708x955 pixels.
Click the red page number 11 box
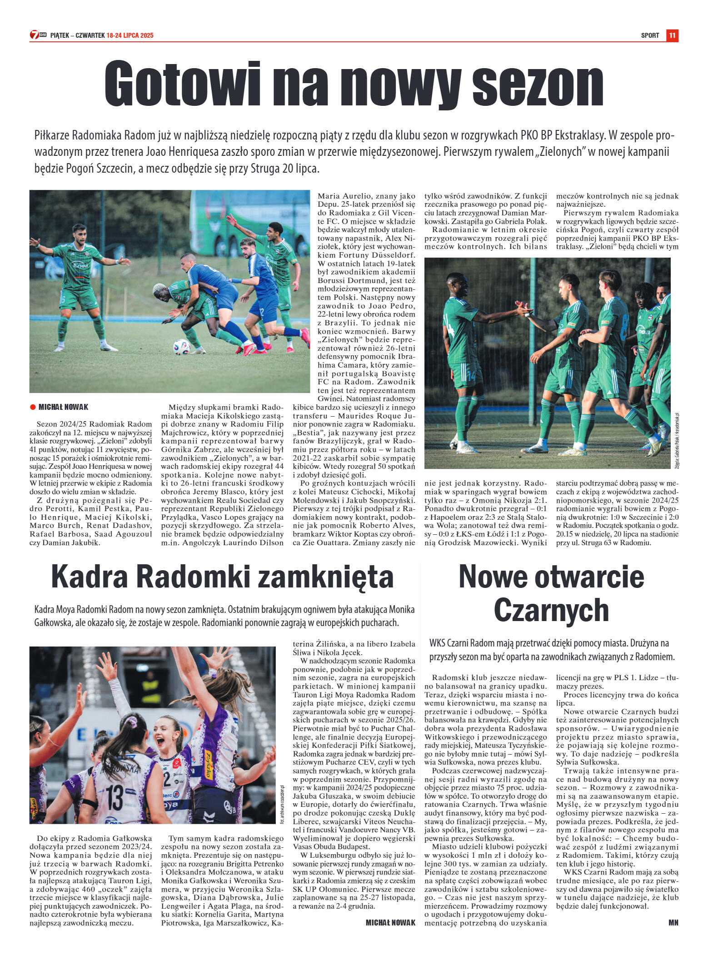672,35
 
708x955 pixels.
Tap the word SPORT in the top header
650,35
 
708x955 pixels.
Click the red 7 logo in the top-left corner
35,35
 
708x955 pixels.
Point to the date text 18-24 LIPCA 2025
130,35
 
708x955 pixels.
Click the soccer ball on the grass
181,347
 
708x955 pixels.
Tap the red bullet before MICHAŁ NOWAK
33,407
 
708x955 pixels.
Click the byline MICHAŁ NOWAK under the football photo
63,407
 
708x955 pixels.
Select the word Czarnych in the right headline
551,610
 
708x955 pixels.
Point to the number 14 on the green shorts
470,375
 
